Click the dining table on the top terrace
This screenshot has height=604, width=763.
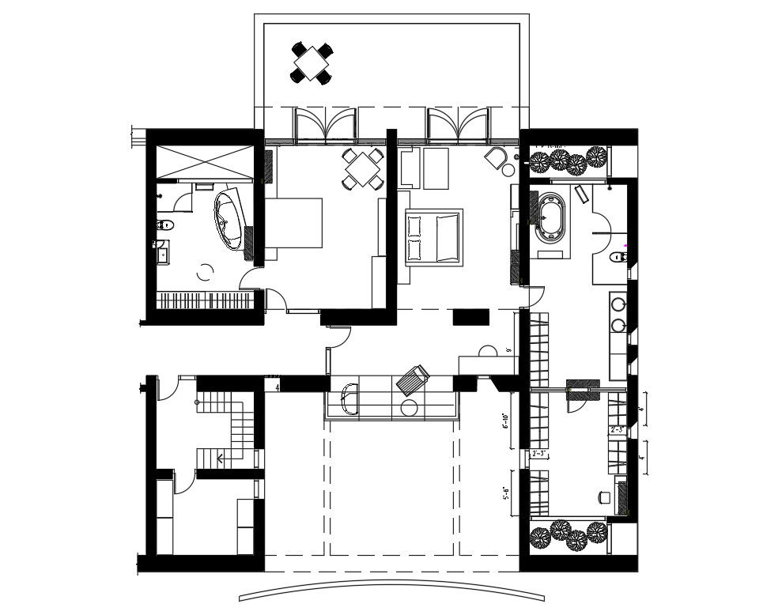pos(312,62)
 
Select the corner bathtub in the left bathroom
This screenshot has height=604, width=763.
pos(230,220)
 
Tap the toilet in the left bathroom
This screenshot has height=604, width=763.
pos(164,225)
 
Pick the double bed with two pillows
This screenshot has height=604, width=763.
pos(432,236)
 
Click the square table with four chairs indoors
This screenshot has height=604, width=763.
pos(363,168)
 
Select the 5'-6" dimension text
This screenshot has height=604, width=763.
pos(504,495)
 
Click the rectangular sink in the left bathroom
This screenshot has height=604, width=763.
pos(163,254)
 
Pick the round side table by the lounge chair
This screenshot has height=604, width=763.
pos(410,408)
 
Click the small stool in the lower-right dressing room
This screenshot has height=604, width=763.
pos(605,496)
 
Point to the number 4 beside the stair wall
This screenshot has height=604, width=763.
pos(277,387)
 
